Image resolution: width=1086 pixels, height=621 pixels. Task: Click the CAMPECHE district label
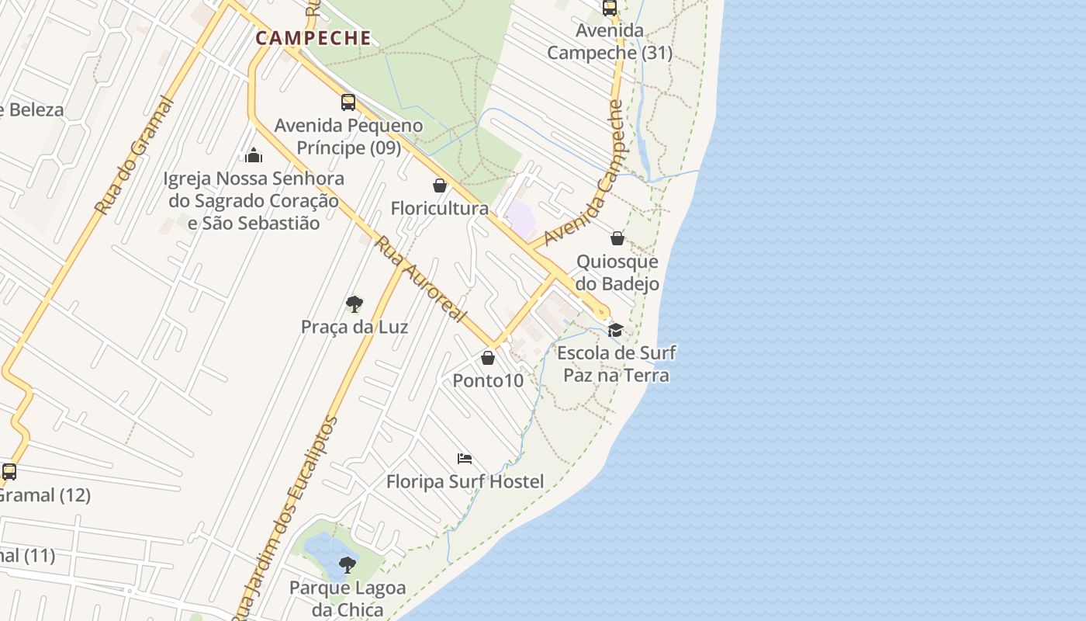[x=313, y=37]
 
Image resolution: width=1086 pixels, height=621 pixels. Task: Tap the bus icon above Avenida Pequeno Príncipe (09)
[x=348, y=102]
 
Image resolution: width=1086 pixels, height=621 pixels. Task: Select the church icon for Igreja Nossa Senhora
[x=254, y=155]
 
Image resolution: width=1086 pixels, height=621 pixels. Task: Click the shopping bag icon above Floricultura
[x=440, y=186]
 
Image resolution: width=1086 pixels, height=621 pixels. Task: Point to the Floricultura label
[x=440, y=208]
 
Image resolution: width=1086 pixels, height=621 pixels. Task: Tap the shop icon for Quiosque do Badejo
[x=617, y=238]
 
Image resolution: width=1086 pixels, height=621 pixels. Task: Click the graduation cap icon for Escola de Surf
[x=616, y=330]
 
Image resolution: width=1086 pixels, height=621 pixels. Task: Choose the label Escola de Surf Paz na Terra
[x=616, y=364]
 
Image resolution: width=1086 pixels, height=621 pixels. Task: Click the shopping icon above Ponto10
[x=488, y=358]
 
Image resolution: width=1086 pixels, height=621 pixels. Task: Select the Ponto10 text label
[x=488, y=380]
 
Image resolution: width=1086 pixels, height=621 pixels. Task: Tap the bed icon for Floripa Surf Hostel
[x=465, y=459]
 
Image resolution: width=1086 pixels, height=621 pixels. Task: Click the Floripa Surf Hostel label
[x=465, y=481]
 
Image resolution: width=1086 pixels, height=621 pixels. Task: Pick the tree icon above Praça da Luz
[x=355, y=304]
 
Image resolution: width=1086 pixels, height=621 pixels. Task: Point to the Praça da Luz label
[x=355, y=327]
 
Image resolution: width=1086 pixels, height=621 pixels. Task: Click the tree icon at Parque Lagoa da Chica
[x=348, y=564]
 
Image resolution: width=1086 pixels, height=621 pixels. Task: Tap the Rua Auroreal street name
[x=422, y=279]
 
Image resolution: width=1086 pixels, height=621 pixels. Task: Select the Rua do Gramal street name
[x=133, y=155]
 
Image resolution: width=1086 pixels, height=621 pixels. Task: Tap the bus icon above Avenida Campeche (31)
[x=610, y=9]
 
